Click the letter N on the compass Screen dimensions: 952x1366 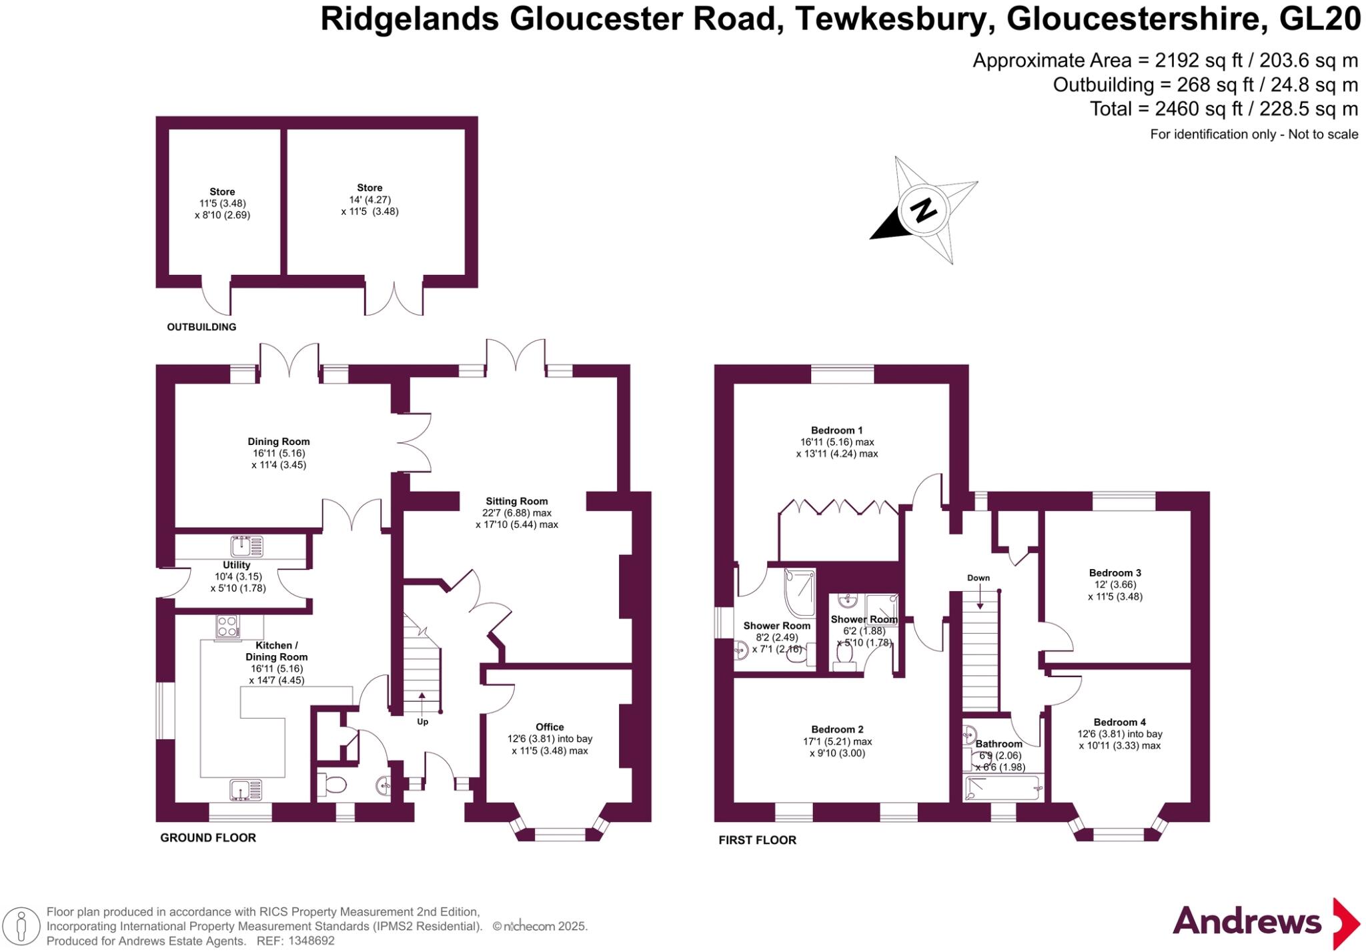point(923,210)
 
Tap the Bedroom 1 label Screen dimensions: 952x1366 point(836,430)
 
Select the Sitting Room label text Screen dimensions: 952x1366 point(516,501)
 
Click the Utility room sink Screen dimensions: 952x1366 point(246,546)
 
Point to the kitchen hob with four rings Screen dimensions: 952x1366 point(227,626)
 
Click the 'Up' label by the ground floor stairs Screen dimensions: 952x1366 point(422,722)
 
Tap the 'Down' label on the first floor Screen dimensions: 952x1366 point(978,578)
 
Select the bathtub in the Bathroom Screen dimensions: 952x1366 point(1002,789)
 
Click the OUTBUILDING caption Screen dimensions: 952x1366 point(201,327)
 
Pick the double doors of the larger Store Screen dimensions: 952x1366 point(394,298)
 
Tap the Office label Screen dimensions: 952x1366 point(550,727)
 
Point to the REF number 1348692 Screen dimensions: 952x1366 point(312,941)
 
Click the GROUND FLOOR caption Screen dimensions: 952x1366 point(208,837)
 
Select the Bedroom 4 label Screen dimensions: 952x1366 point(1120,722)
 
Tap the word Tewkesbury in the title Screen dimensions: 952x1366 point(890,19)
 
